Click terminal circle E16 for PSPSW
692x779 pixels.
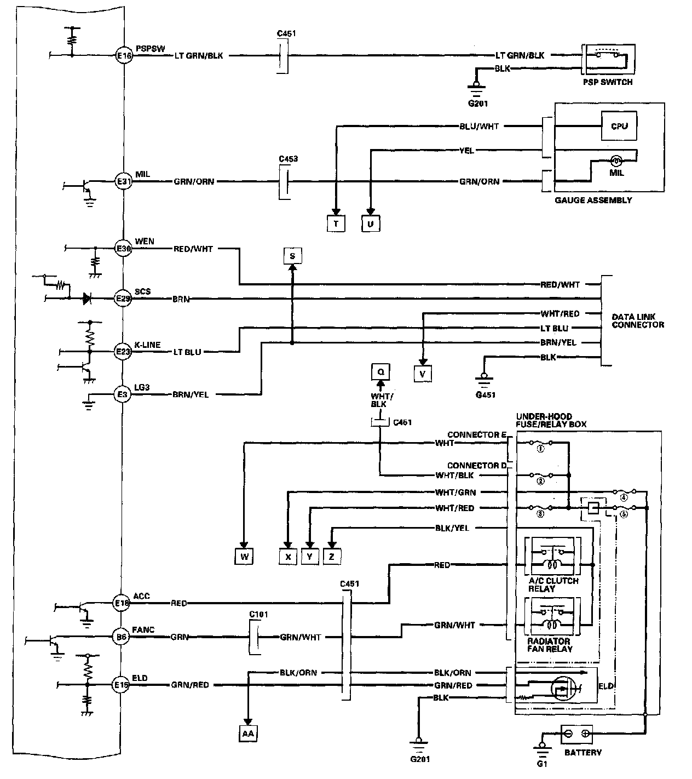[x=123, y=55]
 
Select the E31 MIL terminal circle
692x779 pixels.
[x=123, y=181]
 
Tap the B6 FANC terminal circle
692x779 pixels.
[x=122, y=637]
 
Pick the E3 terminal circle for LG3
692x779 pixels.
[x=122, y=394]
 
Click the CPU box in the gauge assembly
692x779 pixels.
[x=619, y=126]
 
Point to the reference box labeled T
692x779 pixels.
[x=336, y=224]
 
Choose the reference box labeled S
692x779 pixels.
[x=292, y=256]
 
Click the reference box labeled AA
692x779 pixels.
[x=248, y=734]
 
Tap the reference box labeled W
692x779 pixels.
[x=244, y=557]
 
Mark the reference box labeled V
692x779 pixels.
[x=422, y=374]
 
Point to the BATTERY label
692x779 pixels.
[x=583, y=752]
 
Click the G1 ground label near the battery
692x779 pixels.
[x=542, y=763]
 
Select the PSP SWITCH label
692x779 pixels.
[x=608, y=82]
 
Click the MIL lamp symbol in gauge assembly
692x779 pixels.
[x=616, y=161]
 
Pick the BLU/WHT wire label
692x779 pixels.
[x=479, y=127]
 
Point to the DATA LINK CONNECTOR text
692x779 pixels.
[x=637, y=321]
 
